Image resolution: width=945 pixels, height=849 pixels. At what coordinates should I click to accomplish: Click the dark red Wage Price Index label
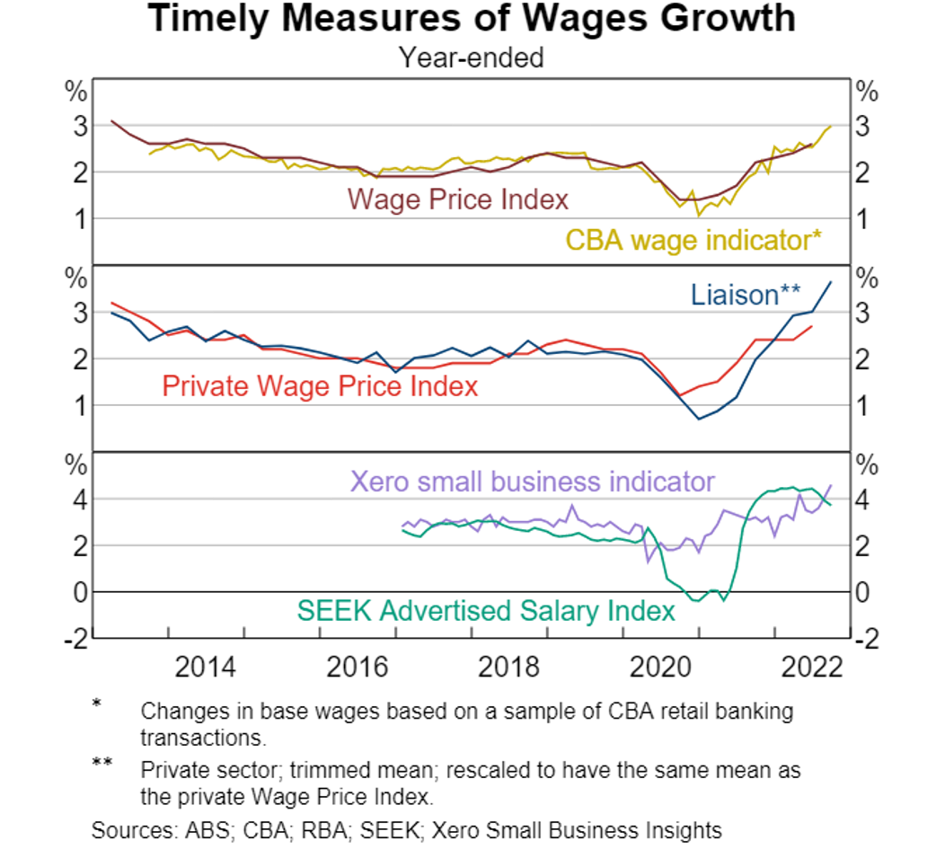click(x=458, y=199)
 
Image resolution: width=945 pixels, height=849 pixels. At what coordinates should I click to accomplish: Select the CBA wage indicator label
click(x=693, y=240)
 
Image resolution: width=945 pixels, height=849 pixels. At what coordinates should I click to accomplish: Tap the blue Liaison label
click(x=746, y=295)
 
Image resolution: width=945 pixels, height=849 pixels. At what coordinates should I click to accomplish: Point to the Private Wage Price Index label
click(x=320, y=386)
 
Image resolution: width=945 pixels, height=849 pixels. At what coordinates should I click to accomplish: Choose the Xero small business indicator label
click(x=532, y=482)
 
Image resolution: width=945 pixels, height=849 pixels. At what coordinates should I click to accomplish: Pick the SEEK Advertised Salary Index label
click(x=485, y=612)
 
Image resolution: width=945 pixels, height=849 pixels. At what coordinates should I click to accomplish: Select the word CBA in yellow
click(x=594, y=240)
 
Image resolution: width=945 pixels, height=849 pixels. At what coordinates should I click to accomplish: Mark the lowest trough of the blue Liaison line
click(x=700, y=420)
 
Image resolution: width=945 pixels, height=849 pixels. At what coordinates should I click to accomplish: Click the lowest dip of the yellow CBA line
click(x=698, y=215)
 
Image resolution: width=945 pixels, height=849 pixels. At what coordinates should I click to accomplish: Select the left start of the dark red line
click(x=110, y=119)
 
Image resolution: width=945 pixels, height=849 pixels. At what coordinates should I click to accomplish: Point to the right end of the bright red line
click(x=813, y=325)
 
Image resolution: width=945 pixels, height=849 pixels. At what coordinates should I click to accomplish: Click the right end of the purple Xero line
click(x=832, y=484)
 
